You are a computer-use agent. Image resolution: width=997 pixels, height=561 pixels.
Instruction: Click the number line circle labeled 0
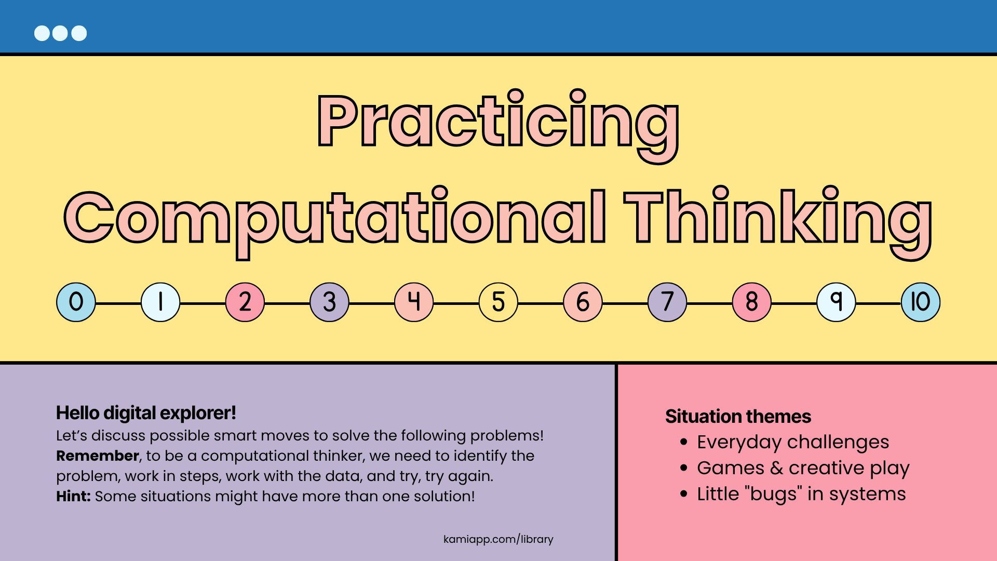[76, 302]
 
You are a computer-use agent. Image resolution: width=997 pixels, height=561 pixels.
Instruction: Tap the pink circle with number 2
[245, 302]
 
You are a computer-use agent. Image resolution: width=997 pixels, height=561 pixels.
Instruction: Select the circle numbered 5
[498, 302]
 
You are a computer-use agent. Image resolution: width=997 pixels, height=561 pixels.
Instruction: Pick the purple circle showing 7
[667, 302]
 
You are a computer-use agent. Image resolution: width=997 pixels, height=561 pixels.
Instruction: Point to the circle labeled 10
[921, 302]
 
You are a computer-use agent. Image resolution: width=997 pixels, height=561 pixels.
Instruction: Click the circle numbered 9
[836, 302]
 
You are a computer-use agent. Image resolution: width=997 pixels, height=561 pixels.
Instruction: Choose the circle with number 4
[414, 302]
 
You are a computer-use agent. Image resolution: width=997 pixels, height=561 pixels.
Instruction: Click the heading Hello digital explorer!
[146, 413]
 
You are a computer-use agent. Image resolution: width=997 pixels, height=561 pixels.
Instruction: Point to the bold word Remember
[98, 456]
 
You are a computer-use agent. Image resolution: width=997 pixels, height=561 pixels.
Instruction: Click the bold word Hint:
[73, 496]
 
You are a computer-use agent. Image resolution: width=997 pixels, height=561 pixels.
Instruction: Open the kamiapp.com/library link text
[498, 539]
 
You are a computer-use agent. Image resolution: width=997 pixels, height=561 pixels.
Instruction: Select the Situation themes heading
[738, 417]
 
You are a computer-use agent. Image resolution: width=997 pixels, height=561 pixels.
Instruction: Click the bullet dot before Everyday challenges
[684, 442]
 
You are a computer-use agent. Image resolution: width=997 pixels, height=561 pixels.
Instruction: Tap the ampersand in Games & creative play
[776, 468]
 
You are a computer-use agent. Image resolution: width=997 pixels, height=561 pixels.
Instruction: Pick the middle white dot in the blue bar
[60, 33]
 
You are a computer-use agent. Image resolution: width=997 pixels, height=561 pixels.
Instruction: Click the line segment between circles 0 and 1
[118, 303]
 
